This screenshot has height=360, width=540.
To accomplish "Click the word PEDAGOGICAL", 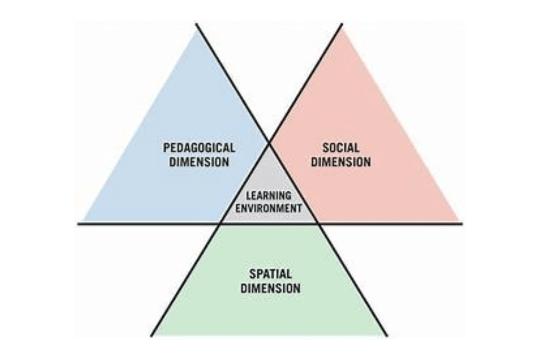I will tap(199, 148).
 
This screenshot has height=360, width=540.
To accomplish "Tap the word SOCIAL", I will tap(341, 148).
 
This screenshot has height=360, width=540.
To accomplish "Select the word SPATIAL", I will tap(271, 274).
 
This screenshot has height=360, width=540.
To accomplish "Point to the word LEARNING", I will tap(269, 196).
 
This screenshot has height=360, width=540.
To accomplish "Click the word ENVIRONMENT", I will tap(269, 208).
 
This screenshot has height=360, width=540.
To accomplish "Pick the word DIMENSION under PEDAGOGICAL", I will tap(199, 162).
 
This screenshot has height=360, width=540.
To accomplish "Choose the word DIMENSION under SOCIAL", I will tap(341, 162).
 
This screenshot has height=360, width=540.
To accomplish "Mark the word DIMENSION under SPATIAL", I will tap(271, 288).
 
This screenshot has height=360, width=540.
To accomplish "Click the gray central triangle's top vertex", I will tap(269, 142).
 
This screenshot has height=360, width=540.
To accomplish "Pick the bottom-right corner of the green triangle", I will tap(386, 335).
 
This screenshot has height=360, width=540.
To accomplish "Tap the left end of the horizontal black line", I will tap(78, 223).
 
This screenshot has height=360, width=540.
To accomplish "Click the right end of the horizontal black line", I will tap(462, 223).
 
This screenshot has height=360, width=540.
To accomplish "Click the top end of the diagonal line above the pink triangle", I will tap(342, 24).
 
